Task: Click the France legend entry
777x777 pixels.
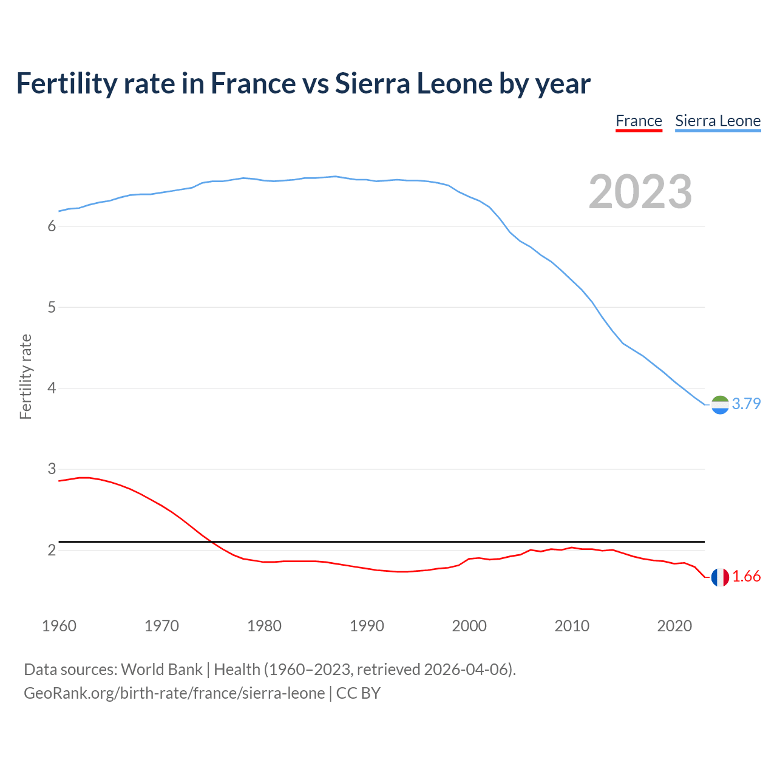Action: pyautogui.click(x=639, y=121)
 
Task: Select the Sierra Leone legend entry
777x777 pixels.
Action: pyautogui.click(x=718, y=121)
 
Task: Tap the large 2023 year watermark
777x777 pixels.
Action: pyautogui.click(x=640, y=192)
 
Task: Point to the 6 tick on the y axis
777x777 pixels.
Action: pyautogui.click(x=52, y=226)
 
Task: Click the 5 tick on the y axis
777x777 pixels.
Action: pyautogui.click(x=52, y=307)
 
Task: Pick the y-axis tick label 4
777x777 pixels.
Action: pyautogui.click(x=52, y=388)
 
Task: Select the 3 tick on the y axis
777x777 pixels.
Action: pyautogui.click(x=52, y=469)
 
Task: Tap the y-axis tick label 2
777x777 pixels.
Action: pyautogui.click(x=52, y=550)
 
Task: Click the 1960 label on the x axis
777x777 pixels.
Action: pyautogui.click(x=59, y=626)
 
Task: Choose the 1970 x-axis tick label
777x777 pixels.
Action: pyautogui.click(x=161, y=626)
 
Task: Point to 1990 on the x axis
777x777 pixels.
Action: pyautogui.click(x=367, y=626)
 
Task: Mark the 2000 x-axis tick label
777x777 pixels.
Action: pyautogui.click(x=469, y=626)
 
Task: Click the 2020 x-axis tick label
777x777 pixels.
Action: pyautogui.click(x=674, y=626)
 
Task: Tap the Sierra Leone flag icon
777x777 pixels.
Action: pyautogui.click(x=720, y=404)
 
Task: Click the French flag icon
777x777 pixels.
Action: pyautogui.click(x=720, y=577)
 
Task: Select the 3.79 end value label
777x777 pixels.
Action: pyautogui.click(x=746, y=404)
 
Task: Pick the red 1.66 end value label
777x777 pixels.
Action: pyautogui.click(x=746, y=577)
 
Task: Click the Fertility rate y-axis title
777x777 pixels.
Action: pyautogui.click(x=25, y=376)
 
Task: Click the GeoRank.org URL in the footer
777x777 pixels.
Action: pyautogui.click(x=174, y=693)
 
